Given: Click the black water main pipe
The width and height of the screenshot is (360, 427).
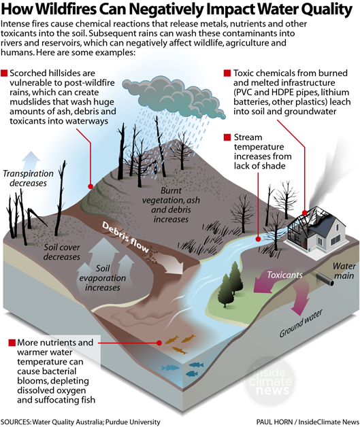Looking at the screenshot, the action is (x=325, y=279).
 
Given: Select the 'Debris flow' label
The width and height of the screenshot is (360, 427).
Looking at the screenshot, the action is (x=125, y=237).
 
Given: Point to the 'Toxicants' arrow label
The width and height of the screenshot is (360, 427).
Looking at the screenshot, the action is (x=284, y=275).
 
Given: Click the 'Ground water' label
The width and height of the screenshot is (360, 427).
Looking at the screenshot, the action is (x=301, y=323).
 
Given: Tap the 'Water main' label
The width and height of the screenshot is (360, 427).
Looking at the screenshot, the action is (x=344, y=271).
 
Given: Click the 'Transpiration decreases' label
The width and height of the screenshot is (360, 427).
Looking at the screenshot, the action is (x=28, y=178).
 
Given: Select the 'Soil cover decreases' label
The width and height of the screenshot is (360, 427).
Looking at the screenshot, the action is (x=62, y=252).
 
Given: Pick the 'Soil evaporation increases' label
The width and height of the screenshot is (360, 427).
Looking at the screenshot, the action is (x=103, y=278).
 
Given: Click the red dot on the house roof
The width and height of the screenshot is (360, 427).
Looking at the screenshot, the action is (x=305, y=212).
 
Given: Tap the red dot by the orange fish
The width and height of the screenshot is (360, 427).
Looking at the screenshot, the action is (x=159, y=343).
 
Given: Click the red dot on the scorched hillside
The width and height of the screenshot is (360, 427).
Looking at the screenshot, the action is (x=91, y=186).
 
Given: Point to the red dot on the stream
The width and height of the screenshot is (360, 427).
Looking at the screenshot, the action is (x=258, y=239).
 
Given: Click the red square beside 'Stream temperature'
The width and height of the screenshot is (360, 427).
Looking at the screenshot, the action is (x=227, y=137).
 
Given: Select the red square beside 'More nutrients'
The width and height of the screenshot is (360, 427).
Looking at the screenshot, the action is (x=12, y=343).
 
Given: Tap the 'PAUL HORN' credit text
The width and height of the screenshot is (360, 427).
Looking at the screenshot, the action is (x=274, y=422).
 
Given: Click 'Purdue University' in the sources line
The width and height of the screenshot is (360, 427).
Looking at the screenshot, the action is (x=133, y=422).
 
